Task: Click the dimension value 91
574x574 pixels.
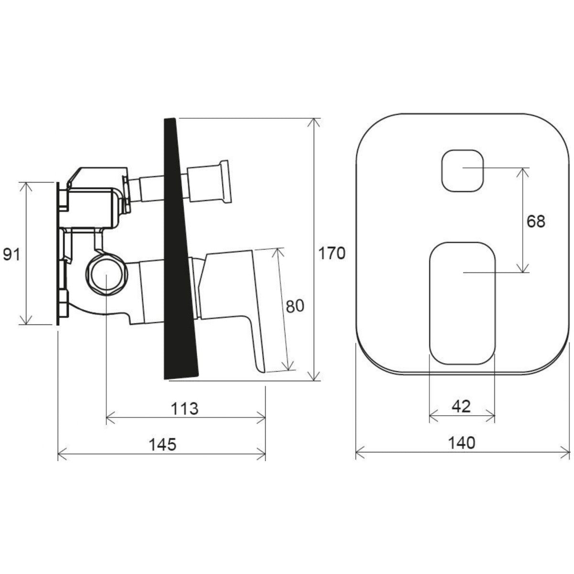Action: pos(11,255)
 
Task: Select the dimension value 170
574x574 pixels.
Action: pos(332,254)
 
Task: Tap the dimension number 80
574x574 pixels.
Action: pos(295,306)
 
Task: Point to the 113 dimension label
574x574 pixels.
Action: pos(184,408)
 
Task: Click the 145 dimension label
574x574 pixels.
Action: pos(162,444)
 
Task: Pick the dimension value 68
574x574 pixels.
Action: pos(536,221)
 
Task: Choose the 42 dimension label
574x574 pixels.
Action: pos(461,406)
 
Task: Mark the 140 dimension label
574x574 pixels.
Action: pos(462,443)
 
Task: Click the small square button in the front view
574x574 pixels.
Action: pos(462,171)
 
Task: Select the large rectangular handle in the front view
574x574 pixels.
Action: pos(462,303)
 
